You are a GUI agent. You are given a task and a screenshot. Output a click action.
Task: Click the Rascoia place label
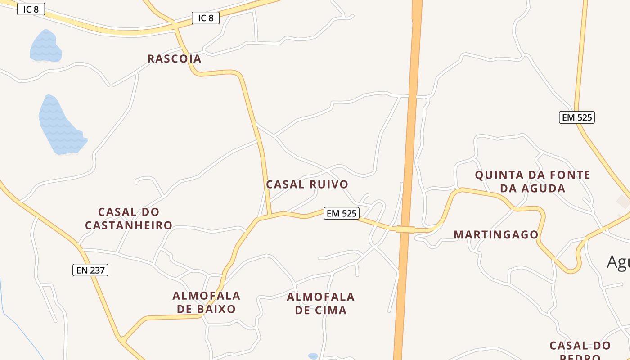175,59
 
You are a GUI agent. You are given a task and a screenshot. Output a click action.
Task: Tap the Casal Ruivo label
307,184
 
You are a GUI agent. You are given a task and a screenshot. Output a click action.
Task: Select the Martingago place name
496,235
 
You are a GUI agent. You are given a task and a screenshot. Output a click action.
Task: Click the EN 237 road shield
90,270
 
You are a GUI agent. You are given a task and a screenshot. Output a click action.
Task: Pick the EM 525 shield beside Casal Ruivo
342,213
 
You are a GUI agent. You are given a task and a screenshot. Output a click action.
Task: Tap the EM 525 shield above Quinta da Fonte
577,117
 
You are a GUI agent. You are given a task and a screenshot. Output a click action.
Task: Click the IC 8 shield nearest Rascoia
206,18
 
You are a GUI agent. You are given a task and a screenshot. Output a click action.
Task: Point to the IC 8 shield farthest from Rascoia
31,9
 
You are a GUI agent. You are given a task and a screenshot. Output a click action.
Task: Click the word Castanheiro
129,225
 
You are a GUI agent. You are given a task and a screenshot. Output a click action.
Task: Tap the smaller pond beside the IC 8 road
45,46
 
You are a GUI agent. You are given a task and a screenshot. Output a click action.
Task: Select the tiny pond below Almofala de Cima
313,356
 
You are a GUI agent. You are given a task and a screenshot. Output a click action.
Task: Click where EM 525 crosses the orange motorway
405,229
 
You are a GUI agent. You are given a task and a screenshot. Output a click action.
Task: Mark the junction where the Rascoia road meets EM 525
270,215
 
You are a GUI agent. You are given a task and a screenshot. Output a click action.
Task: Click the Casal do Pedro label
580,350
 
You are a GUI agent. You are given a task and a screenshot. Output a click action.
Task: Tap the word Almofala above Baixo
207,296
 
